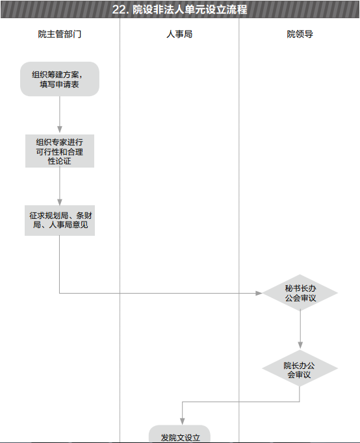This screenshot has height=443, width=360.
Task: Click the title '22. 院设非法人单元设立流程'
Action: [180, 9]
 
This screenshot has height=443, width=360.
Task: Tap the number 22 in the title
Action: [119, 10]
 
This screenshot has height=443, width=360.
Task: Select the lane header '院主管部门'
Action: [60, 34]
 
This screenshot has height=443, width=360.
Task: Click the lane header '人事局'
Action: [179, 34]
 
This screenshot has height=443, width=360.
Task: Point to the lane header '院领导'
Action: [300, 34]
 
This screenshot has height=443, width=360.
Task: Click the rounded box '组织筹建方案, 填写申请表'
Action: [60, 79]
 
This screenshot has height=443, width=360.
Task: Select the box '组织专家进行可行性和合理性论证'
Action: [60, 151]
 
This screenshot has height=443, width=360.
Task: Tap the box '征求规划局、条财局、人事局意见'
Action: [60, 220]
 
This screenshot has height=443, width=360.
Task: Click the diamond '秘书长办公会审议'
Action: [300, 293]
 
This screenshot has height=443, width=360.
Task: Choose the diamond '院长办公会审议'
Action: [300, 368]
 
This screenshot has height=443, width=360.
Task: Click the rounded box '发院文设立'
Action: [180, 434]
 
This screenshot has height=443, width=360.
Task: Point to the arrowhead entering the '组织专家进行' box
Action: [60, 129]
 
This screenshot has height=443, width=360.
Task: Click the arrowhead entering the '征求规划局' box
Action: [60, 202]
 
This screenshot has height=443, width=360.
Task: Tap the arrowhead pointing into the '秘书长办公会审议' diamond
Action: [259, 293]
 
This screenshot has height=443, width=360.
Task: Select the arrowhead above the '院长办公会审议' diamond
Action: [300, 345]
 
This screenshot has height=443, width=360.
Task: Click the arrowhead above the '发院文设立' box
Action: [182, 422]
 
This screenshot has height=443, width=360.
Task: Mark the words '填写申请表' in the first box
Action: [59, 84]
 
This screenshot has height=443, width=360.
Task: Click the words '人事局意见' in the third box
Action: [68, 225]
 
